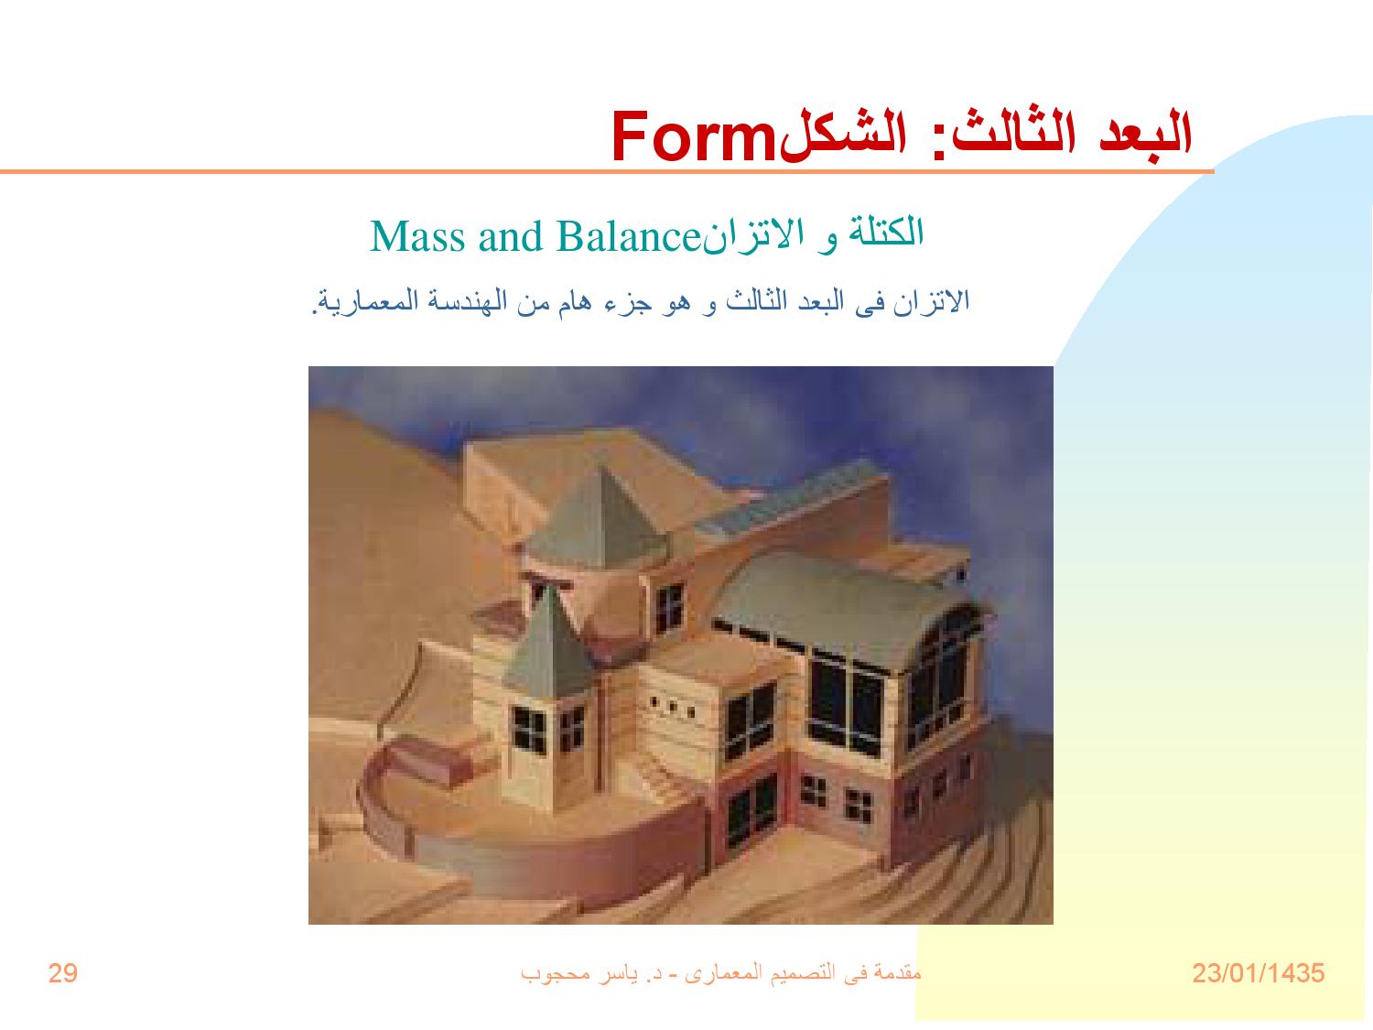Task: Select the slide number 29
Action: point(63,973)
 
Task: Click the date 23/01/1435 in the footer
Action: point(1258,973)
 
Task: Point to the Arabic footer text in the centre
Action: point(720,972)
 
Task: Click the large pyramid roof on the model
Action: point(600,508)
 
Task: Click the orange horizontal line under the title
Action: point(604,171)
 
